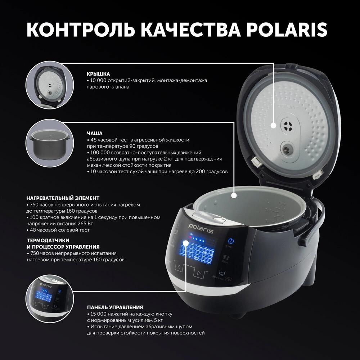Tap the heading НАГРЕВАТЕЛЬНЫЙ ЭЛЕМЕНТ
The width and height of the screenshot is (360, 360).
point(63,198)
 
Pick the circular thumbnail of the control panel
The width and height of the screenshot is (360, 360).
point(48,296)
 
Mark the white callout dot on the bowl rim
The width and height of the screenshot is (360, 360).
point(234,195)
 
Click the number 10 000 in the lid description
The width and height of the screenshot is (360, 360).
point(99,80)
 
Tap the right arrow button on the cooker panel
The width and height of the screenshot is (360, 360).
point(198,273)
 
